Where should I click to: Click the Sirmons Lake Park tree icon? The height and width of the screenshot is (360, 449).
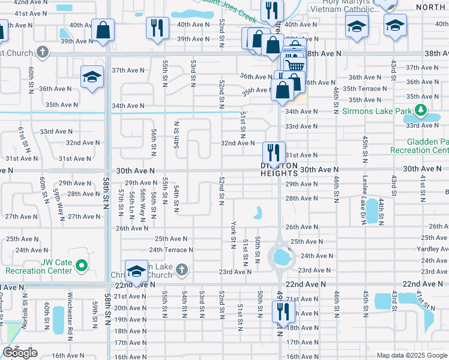tap(421, 110)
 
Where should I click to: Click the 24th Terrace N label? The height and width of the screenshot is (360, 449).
tap(171, 250)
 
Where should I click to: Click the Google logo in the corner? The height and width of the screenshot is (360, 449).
tap(20, 353)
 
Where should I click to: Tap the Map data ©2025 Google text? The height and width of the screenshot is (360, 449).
tap(411, 355)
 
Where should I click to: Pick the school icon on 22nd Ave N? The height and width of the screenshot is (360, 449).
tap(136, 271)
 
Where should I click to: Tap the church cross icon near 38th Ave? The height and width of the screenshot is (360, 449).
tap(41, 52)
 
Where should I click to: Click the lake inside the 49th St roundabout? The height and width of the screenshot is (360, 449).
tap(280, 257)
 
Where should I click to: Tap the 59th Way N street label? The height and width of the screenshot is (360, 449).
tap(59, 204)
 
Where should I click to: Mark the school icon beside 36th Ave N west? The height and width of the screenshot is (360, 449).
tap(92, 76)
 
